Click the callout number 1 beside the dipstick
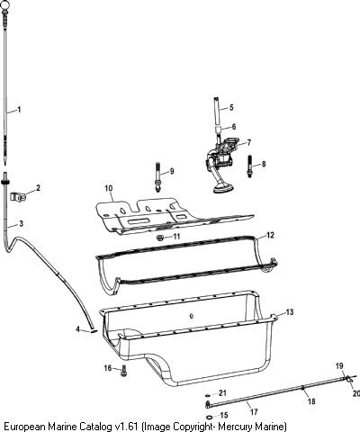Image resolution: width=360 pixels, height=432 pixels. point(19,110)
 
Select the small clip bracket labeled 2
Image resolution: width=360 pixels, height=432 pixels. point(18,197)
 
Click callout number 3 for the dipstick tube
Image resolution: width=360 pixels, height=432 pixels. point(21,223)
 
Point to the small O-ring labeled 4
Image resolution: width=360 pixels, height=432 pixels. point(94,331)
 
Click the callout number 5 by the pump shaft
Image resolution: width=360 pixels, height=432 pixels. point(231,107)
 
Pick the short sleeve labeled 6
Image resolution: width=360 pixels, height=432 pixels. point(219,130)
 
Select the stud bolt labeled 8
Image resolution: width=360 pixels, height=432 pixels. point(249,166)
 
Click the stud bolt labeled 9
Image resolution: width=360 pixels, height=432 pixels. point(157,176)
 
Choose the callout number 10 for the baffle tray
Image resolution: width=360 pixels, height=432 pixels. point(109,188)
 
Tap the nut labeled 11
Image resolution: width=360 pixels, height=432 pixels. point(160,238)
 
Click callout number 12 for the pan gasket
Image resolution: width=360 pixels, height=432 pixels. point(270,235)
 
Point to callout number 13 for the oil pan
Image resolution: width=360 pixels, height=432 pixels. point(290,312)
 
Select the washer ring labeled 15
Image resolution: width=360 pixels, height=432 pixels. point(209,417)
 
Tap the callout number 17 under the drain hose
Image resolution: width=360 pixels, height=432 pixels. point(254,412)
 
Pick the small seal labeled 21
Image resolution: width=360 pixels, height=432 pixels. point(208,394)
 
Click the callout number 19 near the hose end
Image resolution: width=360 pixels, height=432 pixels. point(339,366)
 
